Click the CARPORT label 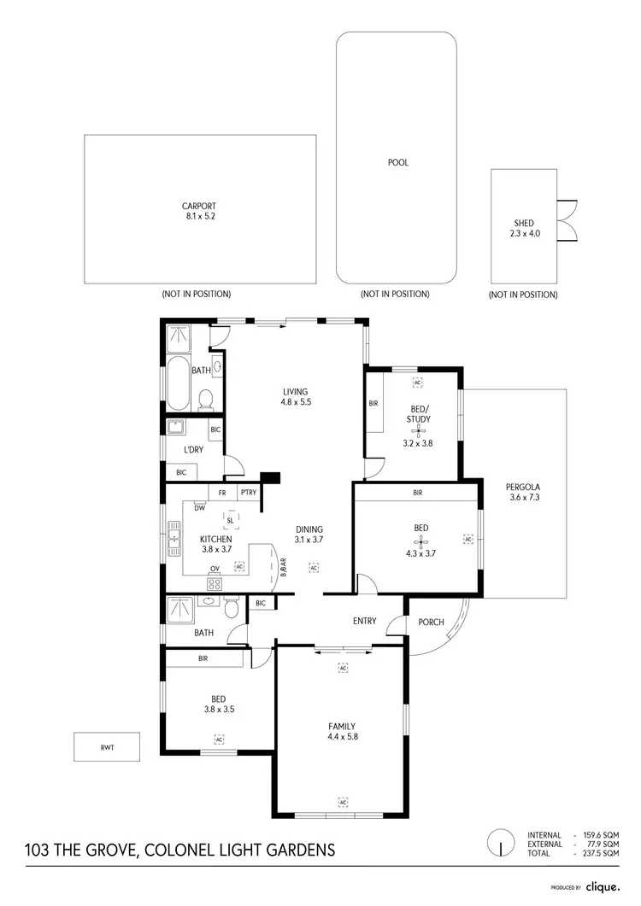198,206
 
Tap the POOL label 397,162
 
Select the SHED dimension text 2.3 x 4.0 524,233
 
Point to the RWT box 107,746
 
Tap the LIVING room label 296,392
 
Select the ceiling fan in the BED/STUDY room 418,432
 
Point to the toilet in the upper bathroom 205,398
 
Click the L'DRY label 192,450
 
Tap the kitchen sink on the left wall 175,538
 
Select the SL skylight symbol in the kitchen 231,518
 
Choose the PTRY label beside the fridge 248,493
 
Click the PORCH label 431,622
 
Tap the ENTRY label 365,621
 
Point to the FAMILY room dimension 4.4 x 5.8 342,736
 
